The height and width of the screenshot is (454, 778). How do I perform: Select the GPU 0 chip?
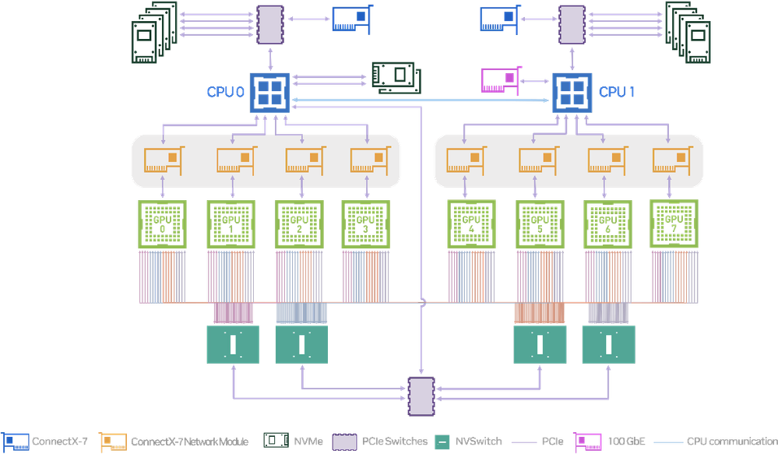coord(162,224)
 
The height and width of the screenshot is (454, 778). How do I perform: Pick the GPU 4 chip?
coord(470,224)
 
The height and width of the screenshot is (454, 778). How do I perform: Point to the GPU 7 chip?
coord(674,223)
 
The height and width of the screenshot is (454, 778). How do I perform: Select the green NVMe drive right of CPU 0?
coord(396,76)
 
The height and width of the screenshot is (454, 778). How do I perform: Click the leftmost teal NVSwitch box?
coord(231,343)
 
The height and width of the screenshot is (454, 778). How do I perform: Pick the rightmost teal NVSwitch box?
coord(607,343)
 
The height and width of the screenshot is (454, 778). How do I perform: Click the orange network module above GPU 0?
coord(164,160)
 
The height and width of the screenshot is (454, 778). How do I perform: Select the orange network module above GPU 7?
coord(670,160)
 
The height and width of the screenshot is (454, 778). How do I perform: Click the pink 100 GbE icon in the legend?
coord(590,442)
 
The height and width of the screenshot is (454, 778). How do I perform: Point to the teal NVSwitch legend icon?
coord(441,442)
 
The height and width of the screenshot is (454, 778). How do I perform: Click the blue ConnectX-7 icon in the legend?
coord(16,442)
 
